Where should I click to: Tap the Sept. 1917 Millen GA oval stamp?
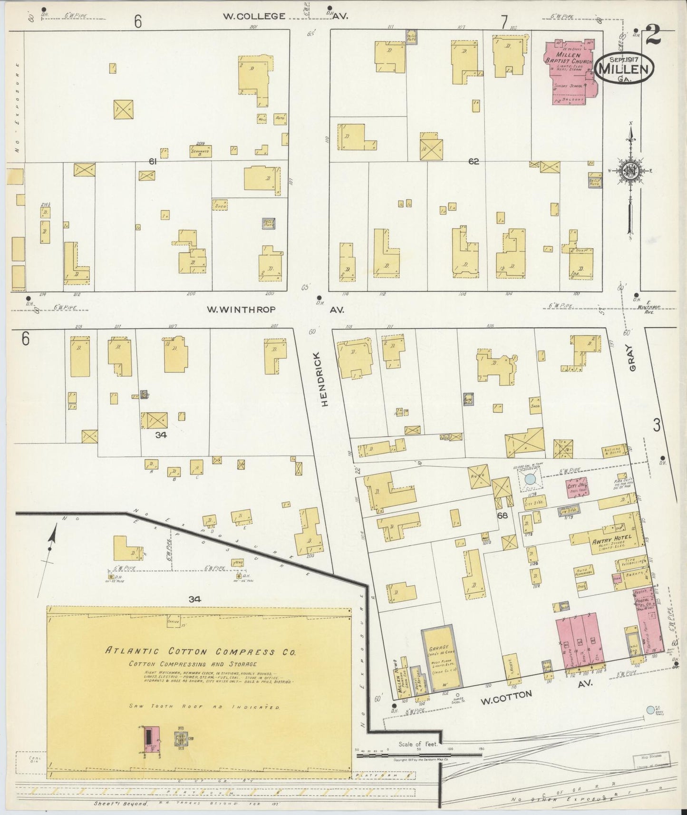[624, 68]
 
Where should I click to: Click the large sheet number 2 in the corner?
[654, 35]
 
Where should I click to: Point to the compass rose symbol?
[630, 172]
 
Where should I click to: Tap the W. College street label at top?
[254, 16]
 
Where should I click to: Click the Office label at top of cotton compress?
[173, 620]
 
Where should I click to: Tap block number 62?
[473, 162]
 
